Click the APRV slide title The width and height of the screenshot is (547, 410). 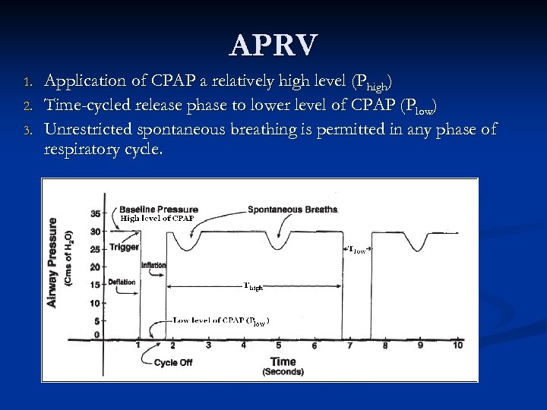tap(273, 46)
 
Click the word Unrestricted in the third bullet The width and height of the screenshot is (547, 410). tap(90, 129)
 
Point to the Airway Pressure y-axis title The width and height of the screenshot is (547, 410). tap(52, 263)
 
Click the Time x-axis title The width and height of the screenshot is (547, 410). tap(283, 362)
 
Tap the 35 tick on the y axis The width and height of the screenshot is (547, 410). tap(95, 213)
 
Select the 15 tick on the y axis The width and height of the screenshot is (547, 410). tap(95, 285)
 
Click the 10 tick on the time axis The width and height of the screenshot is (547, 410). tap(457, 345)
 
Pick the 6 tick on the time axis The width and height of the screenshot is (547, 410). tap(315, 345)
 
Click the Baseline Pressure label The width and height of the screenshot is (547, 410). tap(159, 210)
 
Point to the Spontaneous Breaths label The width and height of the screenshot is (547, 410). tap(292, 210)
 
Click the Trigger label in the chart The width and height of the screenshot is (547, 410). tap(124, 247)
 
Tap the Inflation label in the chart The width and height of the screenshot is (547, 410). tap(153, 265)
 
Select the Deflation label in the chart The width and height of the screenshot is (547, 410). tap(122, 282)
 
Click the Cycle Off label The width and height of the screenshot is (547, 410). tap(173, 363)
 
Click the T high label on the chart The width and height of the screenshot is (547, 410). tap(253, 287)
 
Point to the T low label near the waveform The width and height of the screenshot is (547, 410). tap(357, 249)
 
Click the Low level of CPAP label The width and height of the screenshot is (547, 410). tap(220, 321)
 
